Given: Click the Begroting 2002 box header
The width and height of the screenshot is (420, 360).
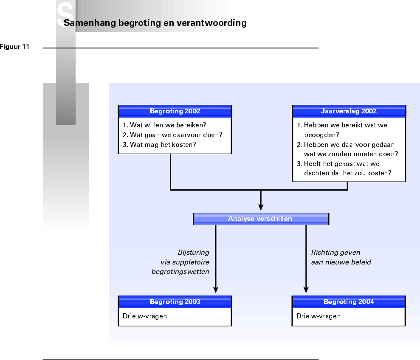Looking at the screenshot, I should (x=175, y=111).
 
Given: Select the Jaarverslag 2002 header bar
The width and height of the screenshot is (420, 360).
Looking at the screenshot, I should (x=349, y=111).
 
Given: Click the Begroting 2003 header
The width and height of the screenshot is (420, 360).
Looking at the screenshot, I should (x=175, y=302).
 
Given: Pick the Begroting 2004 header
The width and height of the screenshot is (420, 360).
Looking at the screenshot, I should (x=349, y=302).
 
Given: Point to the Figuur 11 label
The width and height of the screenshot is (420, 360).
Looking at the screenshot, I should (x=14, y=47).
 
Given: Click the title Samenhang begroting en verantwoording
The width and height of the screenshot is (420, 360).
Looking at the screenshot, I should (x=155, y=23).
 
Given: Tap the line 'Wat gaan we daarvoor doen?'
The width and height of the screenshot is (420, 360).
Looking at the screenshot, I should (x=172, y=135).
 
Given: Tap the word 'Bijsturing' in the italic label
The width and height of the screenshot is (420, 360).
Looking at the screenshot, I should (x=193, y=252).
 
